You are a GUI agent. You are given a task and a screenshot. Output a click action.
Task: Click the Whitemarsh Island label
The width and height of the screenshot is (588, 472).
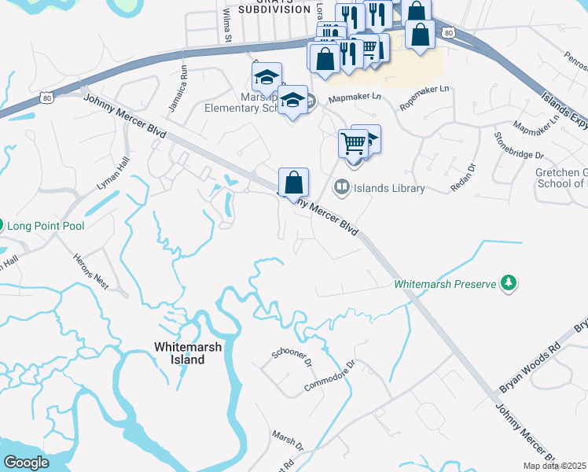pyautogui.click(x=179, y=352)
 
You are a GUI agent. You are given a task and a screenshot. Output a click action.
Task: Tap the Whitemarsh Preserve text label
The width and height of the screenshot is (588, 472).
pyautogui.click(x=445, y=283)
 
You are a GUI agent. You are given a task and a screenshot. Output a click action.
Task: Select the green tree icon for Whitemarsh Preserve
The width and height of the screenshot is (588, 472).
pyautogui.click(x=509, y=282)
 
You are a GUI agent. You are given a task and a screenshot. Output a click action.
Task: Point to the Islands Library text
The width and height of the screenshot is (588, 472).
pyautogui.click(x=389, y=188)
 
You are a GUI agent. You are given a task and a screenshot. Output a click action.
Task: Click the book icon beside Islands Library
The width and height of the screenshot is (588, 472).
pyautogui.click(x=341, y=187)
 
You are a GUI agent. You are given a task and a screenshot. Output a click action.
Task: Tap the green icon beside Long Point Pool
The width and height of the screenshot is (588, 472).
pyautogui.click(x=1, y=226)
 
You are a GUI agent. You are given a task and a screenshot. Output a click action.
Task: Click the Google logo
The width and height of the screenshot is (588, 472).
pyautogui.click(x=26, y=463)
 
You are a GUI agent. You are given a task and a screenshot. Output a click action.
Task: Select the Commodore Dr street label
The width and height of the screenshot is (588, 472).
pyautogui.click(x=330, y=377)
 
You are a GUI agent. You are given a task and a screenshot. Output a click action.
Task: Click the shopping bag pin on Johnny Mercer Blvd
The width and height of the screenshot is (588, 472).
pyautogui.click(x=293, y=183)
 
